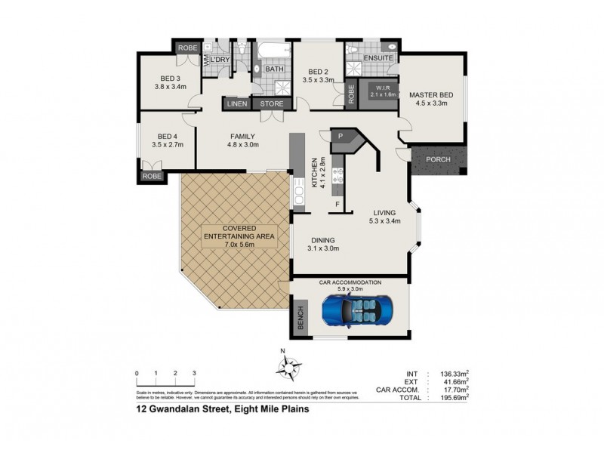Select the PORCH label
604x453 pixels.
click(x=439, y=159)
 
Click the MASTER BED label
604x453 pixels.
click(x=431, y=94)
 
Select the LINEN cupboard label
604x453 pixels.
click(x=236, y=104)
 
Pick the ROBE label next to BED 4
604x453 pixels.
click(x=150, y=177)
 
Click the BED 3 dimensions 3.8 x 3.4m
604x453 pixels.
click(x=169, y=87)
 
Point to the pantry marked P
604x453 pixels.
click(x=341, y=137)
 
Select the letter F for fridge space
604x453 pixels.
click(x=338, y=204)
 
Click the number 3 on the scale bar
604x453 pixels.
click(x=194, y=374)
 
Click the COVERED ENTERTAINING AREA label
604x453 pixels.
click(x=240, y=232)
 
